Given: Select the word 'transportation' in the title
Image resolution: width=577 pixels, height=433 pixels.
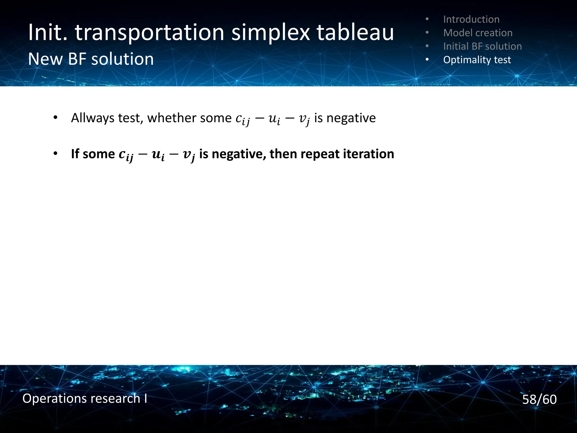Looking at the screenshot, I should point(149,32).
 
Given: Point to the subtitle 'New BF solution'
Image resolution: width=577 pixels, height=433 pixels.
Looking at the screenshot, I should point(91,59).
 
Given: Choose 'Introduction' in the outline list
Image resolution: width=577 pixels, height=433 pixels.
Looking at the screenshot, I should point(471,19).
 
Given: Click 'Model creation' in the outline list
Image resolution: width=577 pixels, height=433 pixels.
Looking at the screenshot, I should point(478,33).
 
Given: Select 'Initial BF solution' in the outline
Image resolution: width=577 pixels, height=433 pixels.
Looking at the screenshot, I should point(482,46).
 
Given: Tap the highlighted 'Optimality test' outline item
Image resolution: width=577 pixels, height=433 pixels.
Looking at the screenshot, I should point(477,60).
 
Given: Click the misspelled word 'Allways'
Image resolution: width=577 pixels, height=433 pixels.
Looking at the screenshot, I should point(92,118).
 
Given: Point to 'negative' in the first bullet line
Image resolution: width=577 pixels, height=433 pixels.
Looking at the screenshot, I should point(351,118).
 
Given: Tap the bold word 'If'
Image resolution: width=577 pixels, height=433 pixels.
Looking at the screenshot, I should point(75,154).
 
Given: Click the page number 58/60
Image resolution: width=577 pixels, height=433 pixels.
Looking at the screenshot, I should point(539,399).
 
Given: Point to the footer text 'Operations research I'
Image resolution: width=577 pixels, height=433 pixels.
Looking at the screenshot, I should point(85,398).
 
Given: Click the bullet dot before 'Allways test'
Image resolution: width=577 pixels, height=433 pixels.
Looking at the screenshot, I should point(55,118).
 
